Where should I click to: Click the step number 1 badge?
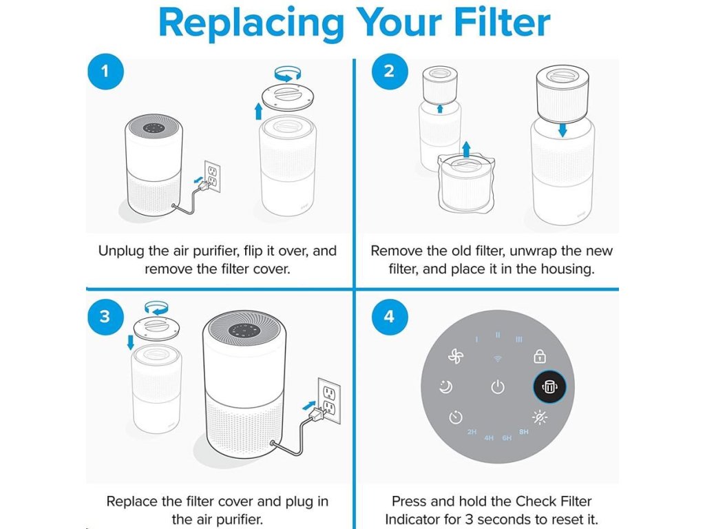(104, 71)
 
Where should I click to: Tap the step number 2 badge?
(389, 71)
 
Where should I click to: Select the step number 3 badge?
(104, 316)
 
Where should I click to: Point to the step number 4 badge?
(389, 316)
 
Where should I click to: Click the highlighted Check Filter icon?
(549, 387)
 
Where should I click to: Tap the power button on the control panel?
(498, 387)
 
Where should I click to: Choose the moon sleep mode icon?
(446, 387)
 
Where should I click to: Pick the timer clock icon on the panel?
(455, 417)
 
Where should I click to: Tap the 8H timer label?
(524, 432)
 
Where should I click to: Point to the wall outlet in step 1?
(212, 176)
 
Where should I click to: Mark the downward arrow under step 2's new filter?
(562, 129)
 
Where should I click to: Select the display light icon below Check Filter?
(540, 417)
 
